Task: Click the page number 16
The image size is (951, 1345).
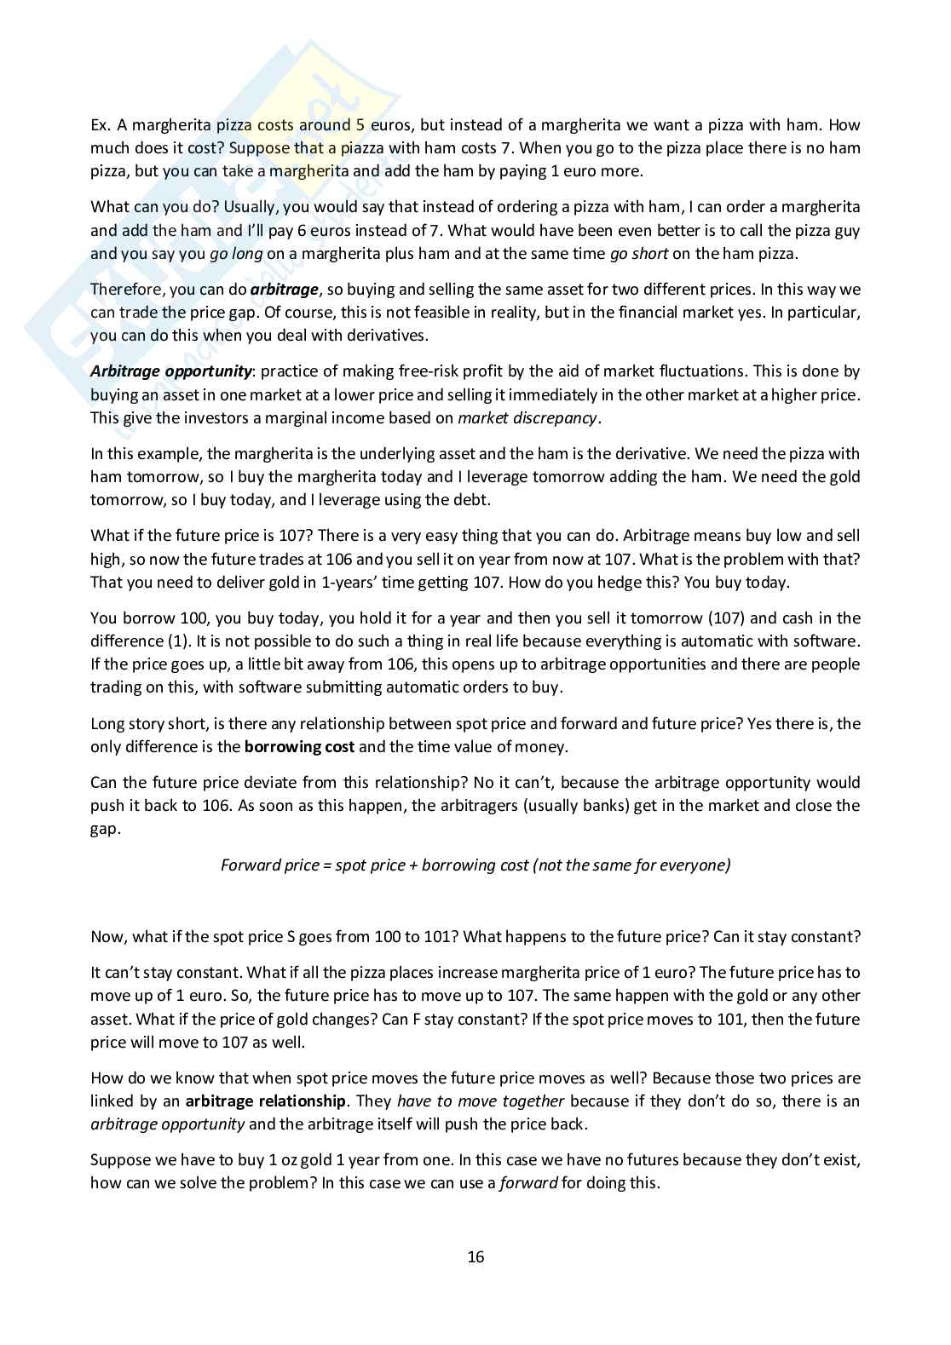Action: [x=475, y=1257]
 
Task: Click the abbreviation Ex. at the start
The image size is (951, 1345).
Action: [x=101, y=125]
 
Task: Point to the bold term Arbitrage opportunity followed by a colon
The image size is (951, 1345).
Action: [x=171, y=371]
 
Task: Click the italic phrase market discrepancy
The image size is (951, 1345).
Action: [x=527, y=417]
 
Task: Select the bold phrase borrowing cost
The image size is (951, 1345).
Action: [x=299, y=747]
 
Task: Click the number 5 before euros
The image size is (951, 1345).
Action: [x=360, y=125]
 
